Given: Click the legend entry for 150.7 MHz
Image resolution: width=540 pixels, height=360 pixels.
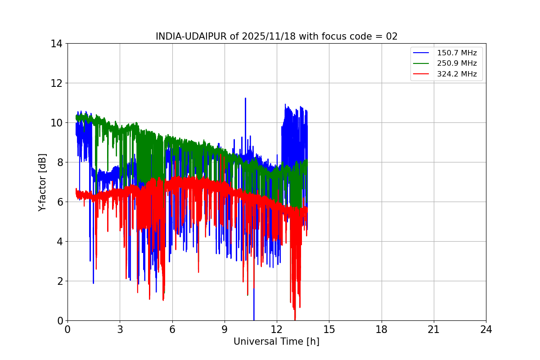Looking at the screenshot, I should pyautogui.click(x=457, y=53).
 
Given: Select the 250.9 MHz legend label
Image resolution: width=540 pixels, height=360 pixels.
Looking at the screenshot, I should pyautogui.click(x=457, y=63).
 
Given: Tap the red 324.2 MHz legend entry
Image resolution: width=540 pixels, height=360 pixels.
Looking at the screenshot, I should pyautogui.click(x=457, y=74).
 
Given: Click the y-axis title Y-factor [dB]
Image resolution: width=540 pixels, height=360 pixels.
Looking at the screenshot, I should pyautogui.click(x=42, y=182).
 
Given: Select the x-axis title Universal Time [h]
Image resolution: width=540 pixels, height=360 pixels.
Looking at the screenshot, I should pyautogui.click(x=276, y=342).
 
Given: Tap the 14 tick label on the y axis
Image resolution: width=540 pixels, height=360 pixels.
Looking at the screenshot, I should pyautogui.click(x=57, y=44).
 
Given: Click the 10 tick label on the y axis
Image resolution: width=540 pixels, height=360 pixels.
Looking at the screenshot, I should pyautogui.click(x=57, y=123).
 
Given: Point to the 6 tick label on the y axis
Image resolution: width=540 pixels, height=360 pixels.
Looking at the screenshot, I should pyautogui.click(x=59, y=202).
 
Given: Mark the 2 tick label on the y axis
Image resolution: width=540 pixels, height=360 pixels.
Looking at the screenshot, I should pyautogui.click(x=59, y=281).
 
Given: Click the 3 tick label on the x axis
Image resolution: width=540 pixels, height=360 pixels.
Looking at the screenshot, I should pyautogui.click(x=120, y=329).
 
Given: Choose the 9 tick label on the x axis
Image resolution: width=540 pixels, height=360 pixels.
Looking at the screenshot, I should pyautogui.click(x=225, y=329).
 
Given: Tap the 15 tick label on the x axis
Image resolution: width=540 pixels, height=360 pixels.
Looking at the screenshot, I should pyautogui.click(x=329, y=329).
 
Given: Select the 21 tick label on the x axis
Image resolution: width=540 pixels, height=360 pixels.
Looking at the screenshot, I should pyautogui.click(x=434, y=329).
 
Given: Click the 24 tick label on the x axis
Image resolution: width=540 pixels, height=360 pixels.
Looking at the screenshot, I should pyautogui.click(x=486, y=329).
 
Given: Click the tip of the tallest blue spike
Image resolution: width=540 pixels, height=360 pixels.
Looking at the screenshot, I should pyautogui.click(x=245, y=98).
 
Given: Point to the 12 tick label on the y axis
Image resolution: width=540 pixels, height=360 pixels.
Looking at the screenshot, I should pyautogui.click(x=57, y=83).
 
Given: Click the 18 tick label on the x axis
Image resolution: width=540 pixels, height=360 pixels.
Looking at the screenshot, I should pyautogui.click(x=382, y=329).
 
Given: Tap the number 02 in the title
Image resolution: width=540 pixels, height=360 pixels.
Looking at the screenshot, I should pyautogui.click(x=392, y=36).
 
